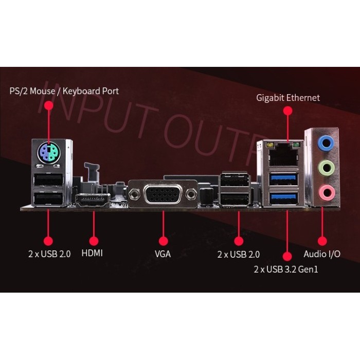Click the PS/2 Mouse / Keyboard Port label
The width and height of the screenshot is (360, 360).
tap(64, 91)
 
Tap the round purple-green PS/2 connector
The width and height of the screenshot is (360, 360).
tap(49, 152)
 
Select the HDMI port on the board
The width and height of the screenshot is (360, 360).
tap(93, 200)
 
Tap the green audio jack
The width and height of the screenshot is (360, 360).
tap(326, 168)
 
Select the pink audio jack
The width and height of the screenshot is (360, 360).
tap(326, 193)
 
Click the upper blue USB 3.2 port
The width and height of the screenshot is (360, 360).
tap(284, 179)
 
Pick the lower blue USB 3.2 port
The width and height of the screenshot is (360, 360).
tap(284, 199)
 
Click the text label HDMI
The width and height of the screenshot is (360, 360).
tap(92, 253)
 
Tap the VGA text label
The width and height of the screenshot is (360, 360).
tap(163, 254)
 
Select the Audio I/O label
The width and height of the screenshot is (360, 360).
tap(322, 254)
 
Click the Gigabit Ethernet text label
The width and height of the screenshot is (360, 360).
tap(288, 98)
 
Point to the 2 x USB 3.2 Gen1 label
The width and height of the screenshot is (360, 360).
tap(286, 269)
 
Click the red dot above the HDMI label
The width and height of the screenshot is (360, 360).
tap(94, 241)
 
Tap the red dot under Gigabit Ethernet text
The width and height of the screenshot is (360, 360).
tap(287, 111)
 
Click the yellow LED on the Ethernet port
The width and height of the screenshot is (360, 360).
tap(269, 145)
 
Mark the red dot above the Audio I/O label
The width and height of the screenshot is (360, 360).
tap(322, 241)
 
